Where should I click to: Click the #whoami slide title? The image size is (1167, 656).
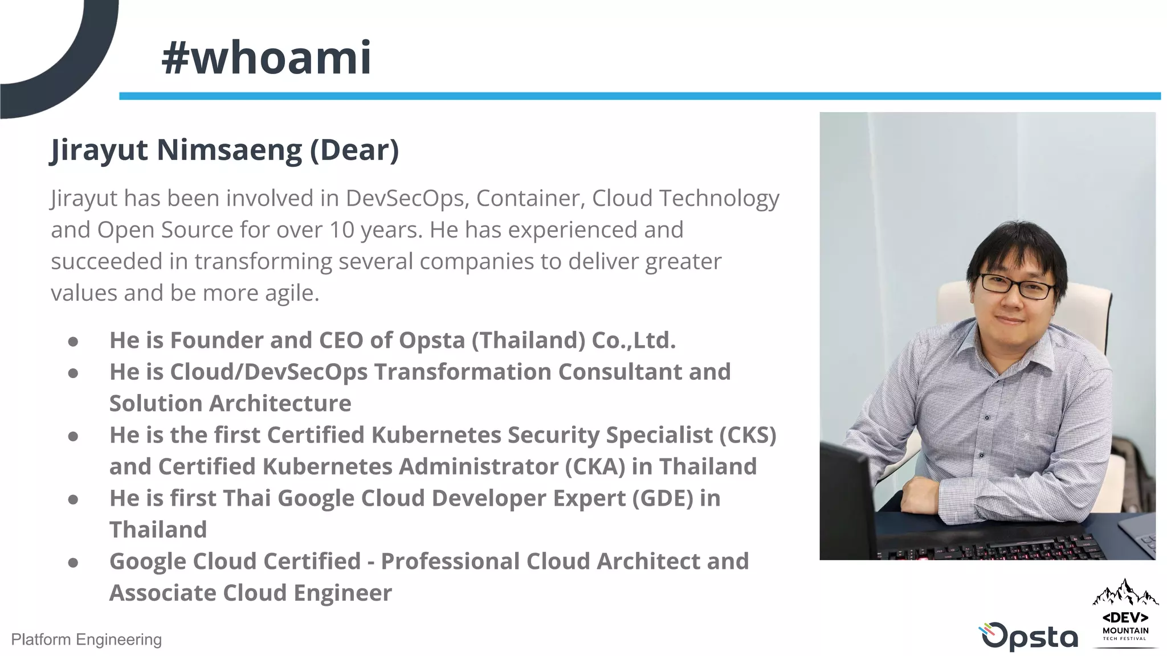(x=266, y=58)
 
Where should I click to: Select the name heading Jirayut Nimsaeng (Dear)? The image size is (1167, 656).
(x=225, y=150)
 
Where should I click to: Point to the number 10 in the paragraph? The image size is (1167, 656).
(x=342, y=230)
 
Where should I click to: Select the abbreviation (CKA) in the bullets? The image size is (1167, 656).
(x=595, y=466)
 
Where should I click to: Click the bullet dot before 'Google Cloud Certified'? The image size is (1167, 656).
(x=73, y=563)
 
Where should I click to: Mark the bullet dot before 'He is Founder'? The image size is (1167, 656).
(x=73, y=342)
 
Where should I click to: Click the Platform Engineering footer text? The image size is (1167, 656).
(x=86, y=639)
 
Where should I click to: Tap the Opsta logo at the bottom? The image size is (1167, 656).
(x=1028, y=637)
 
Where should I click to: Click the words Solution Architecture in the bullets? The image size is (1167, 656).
(x=230, y=403)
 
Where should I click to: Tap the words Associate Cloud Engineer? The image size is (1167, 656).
(x=251, y=593)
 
